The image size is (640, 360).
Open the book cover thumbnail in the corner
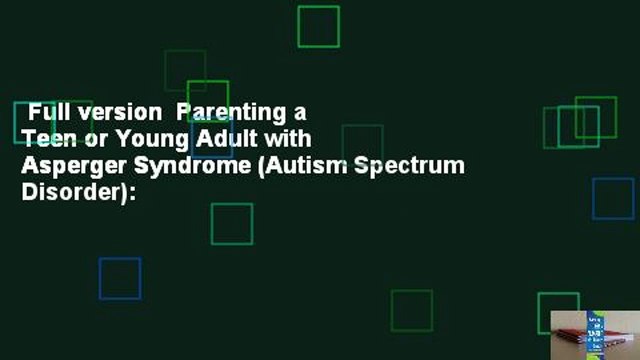[594, 334]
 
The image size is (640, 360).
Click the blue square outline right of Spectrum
[613, 198]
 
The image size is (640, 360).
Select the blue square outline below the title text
[119, 278]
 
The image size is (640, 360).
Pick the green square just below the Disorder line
[231, 223]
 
